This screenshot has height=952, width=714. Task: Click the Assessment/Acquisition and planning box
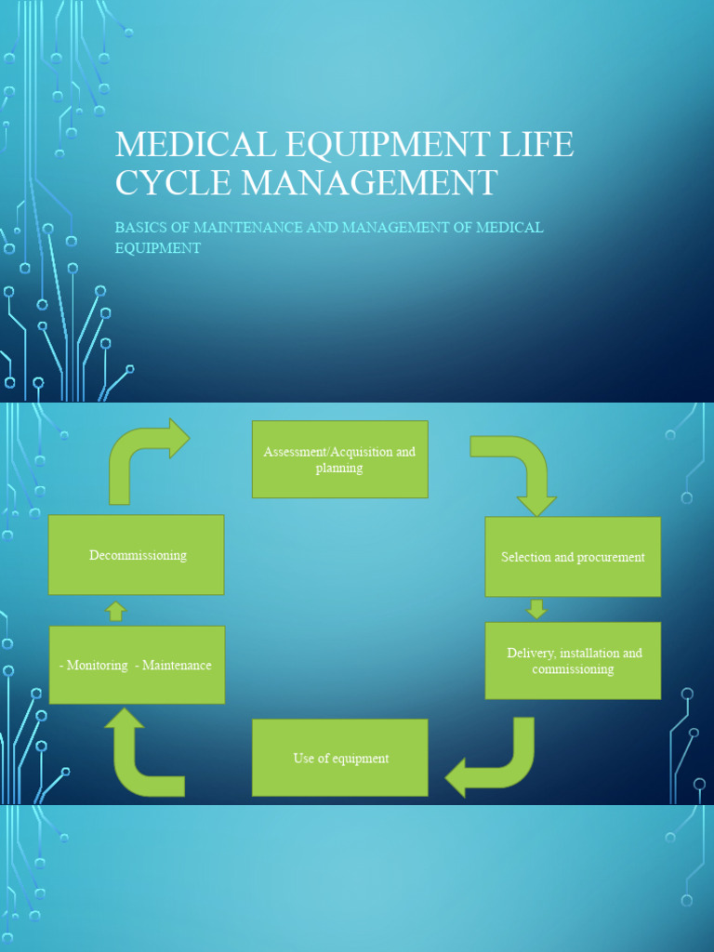coord(339,459)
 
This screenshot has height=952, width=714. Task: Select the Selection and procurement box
coord(573,557)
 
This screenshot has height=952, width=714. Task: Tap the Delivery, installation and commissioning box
coord(573,661)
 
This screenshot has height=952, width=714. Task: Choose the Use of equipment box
coord(340,758)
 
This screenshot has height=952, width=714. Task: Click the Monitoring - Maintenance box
coord(137,665)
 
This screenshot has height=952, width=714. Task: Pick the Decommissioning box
coord(137,555)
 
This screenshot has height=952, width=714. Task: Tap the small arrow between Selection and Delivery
coord(536,609)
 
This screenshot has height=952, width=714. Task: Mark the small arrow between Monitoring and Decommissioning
coord(115,611)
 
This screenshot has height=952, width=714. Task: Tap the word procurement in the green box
coord(610,557)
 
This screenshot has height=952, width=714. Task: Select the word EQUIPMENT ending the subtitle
coord(157,248)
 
